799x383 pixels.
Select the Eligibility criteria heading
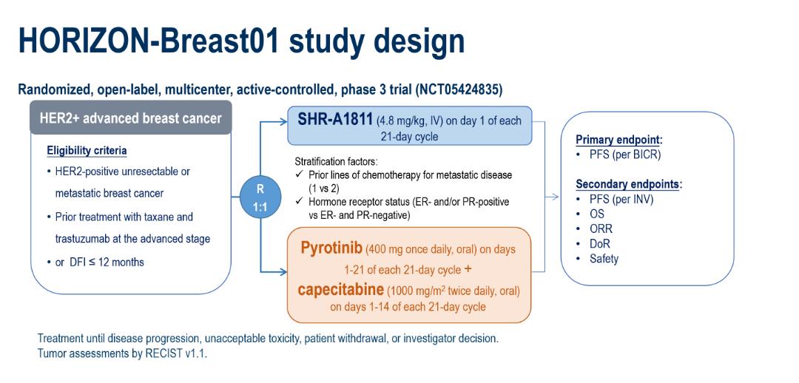tap(87, 151)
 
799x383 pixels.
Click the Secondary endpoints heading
tap(627, 184)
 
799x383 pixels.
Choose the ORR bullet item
tap(601, 228)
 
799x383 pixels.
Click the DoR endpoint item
tap(600, 243)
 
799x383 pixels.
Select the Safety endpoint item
tap(604, 259)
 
